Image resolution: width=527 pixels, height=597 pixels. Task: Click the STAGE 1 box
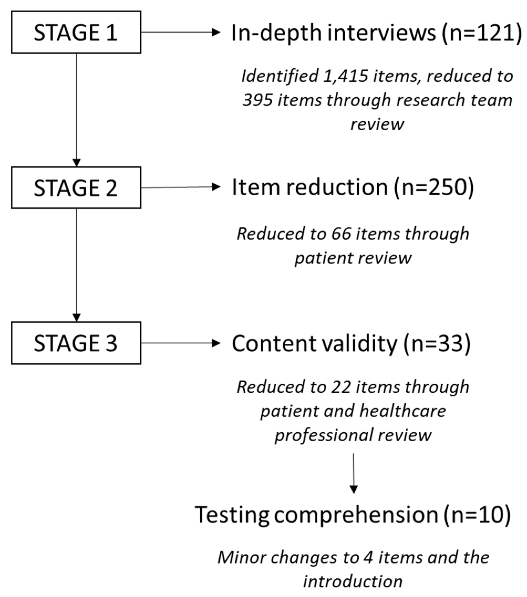coord(76,32)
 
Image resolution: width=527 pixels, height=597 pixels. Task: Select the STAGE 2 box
coord(76,187)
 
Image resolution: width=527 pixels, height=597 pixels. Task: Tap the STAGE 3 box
coord(76,343)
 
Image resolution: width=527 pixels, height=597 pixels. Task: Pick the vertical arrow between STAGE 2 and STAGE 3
coord(76,265)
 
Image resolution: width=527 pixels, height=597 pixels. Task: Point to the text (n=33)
coord(437,343)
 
